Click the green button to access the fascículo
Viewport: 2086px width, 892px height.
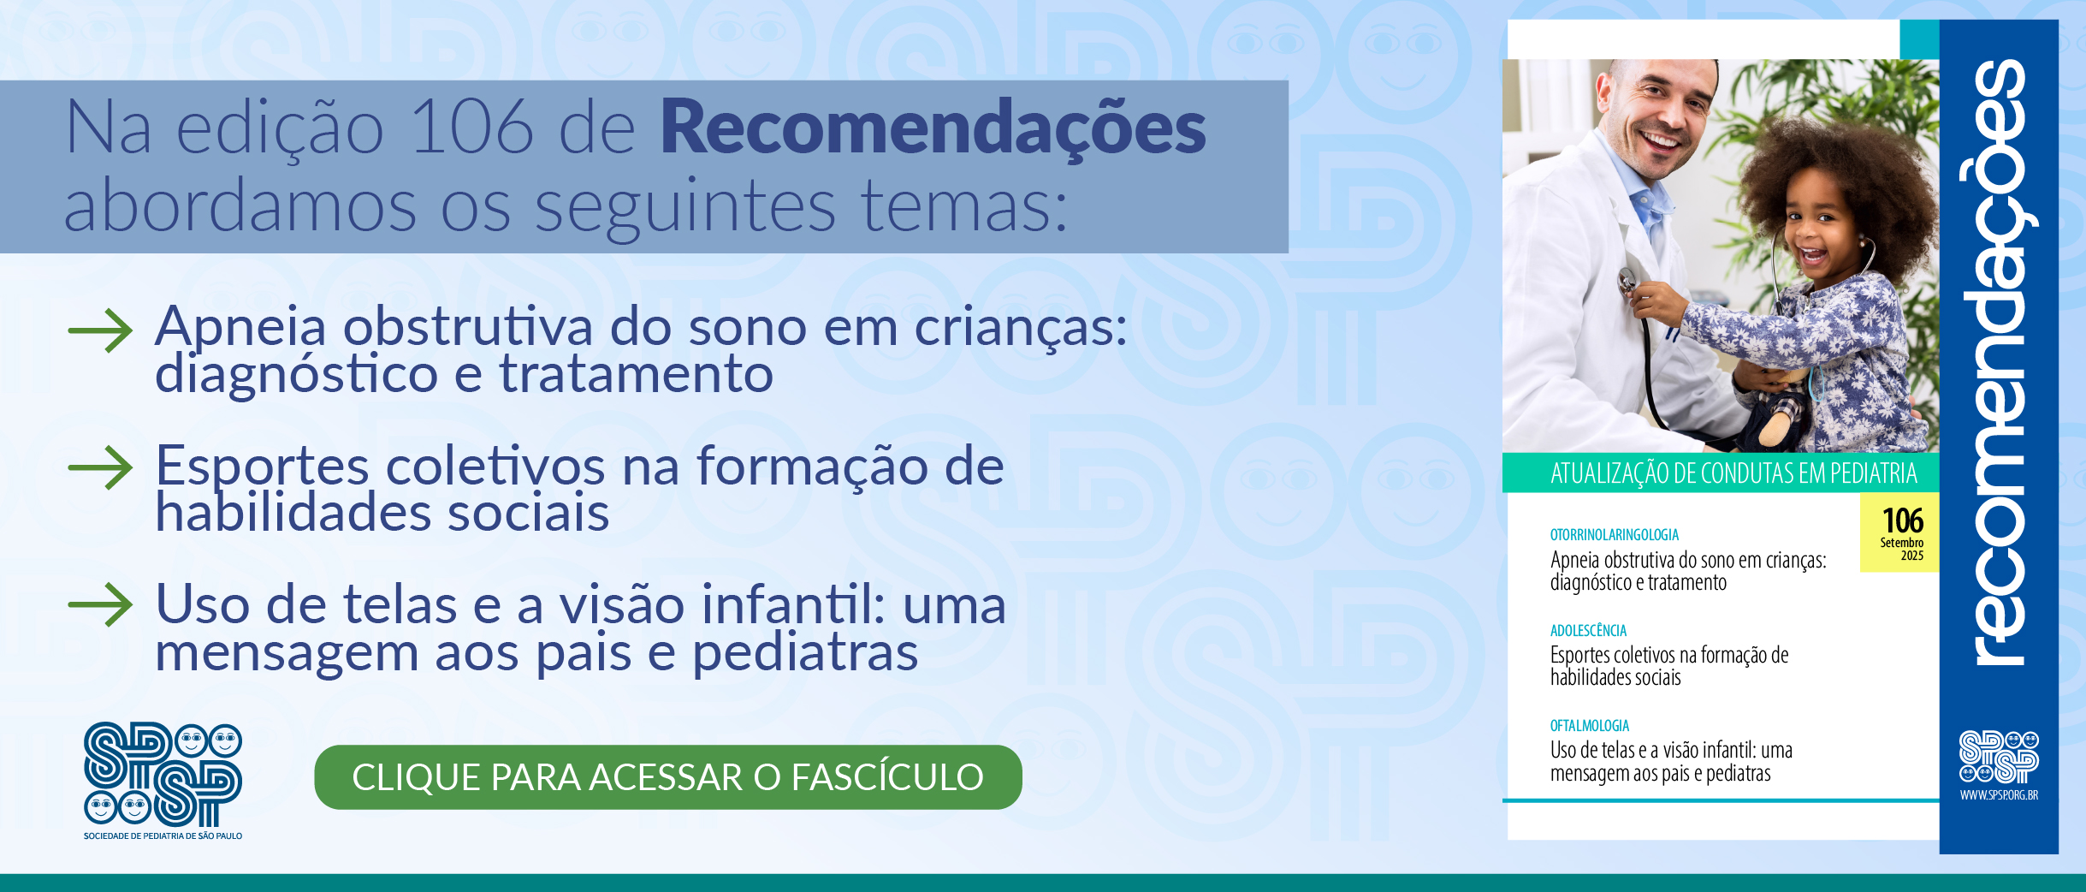(x=667, y=777)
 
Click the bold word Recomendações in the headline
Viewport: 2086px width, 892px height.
(x=933, y=128)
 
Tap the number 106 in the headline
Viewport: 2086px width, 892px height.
(x=472, y=128)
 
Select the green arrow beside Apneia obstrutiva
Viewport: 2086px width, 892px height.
(x=101, y=330)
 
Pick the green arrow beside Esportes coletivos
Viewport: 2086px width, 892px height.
(x=101, y=467)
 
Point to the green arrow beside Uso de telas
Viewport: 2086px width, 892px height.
(x=101, y=604)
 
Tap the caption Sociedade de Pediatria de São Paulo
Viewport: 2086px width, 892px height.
(x=163, y=836)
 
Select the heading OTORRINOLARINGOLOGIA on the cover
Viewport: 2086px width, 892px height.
(x=1614, y=535)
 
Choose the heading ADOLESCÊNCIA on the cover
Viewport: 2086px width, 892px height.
(x=1588, y=631)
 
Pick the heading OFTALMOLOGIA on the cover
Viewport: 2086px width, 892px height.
(x=1589, y=726)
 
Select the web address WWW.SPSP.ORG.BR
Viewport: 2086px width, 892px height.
(x=1999, y=795)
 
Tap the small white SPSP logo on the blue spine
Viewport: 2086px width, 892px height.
(x=1999, y=757)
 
